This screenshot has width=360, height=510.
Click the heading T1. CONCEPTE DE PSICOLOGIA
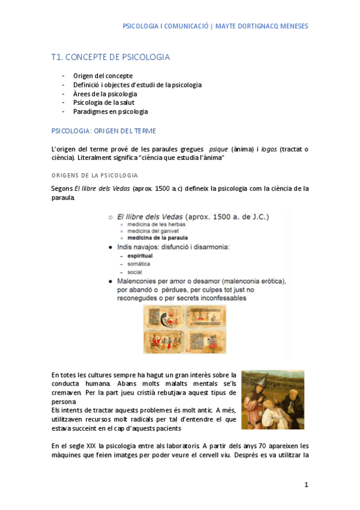click(111, 57)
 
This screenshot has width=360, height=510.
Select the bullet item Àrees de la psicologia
click(105, 94)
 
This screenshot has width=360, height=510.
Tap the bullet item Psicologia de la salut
click(104, 103)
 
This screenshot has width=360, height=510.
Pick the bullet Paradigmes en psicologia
click(111, 111)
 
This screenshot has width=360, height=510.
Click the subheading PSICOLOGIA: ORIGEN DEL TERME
click(104, 131)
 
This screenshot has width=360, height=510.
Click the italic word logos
click(269, 149)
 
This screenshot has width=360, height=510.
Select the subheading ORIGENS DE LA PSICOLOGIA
click(95, 175)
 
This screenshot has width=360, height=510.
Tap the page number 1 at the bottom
click(306, 485)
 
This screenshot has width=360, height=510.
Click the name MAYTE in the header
click(227, 26)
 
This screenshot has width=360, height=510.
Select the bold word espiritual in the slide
click(139, 256)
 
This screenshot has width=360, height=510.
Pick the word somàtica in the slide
click(138, 264)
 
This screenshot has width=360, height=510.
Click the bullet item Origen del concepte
click(103, 76)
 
